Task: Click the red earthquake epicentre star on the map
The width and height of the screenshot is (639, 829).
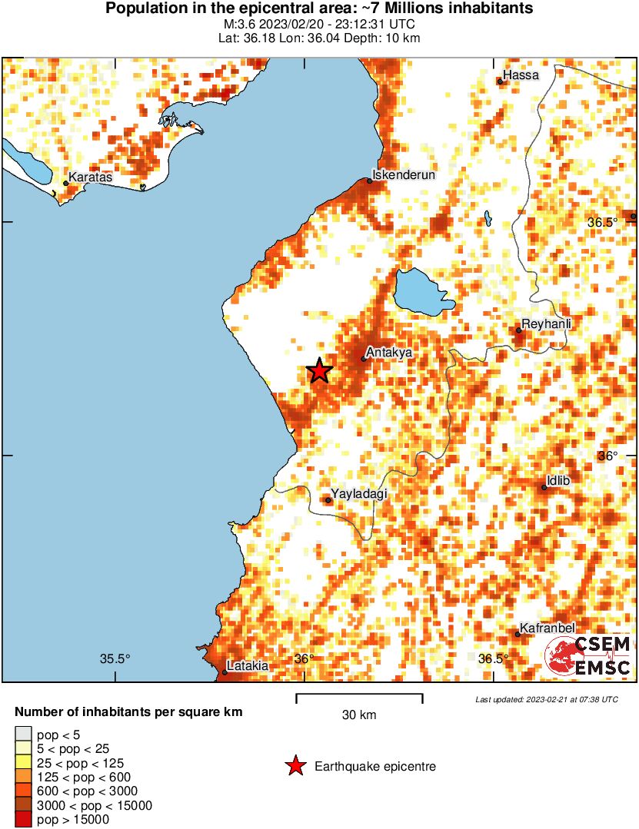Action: point(320,371)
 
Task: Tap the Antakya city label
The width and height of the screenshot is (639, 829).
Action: point(389,352)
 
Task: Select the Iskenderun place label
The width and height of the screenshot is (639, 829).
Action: point(404,174)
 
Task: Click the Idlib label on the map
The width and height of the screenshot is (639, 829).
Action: point(557,481)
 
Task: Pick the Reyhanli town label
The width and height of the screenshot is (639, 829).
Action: point(547,323)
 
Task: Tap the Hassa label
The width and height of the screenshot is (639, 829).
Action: point(521,75)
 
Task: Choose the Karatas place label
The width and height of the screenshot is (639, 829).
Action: point(91,177)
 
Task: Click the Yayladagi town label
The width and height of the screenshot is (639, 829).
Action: point(359,493)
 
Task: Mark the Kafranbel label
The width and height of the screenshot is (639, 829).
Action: point(548,628)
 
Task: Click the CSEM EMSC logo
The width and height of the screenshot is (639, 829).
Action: point(588,655)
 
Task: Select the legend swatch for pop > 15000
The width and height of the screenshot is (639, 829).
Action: point(24,820)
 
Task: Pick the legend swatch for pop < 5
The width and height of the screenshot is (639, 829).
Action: point(24,735)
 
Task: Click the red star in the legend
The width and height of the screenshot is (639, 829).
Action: point(295,766)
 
